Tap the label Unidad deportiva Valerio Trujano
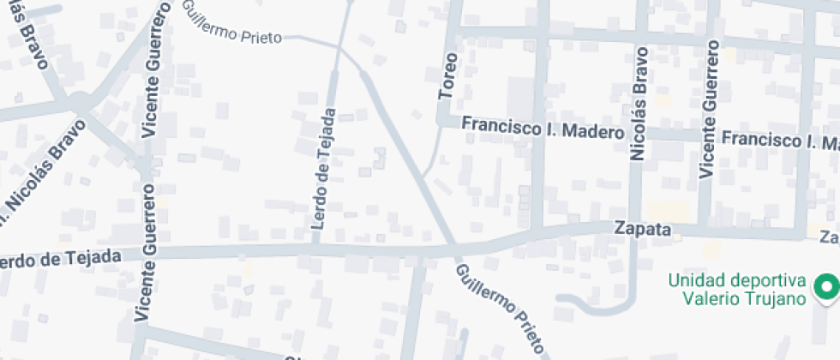[737, 290]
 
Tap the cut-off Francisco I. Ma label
[779, 140]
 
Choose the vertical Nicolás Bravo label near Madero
[639, 105]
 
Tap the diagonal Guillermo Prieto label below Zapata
[501, 309]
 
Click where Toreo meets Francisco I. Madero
[442, 123]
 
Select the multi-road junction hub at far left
[79, 102]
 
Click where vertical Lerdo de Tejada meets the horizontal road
[316, 249]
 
